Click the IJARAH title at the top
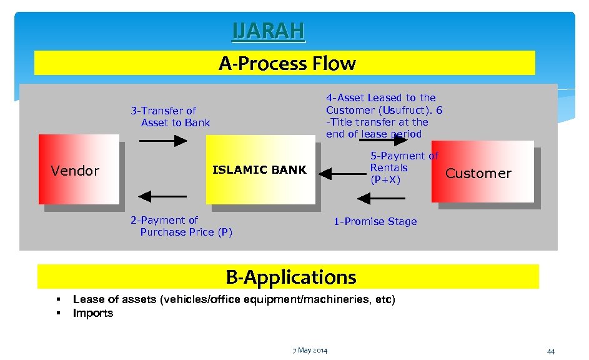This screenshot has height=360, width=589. (x=269, y=31)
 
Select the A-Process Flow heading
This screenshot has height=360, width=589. (x=287, y=63)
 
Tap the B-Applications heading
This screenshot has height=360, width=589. (x=290, y=276)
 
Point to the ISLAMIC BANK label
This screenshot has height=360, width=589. (x=259, y=169)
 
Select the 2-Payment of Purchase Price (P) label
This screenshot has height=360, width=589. (x=181, y=226)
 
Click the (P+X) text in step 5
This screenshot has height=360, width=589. (x=385, y=180)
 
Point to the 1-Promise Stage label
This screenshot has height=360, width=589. (x=375, y=222)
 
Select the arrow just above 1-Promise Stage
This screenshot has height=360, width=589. (x=380, y=198)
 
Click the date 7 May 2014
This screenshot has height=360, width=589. (x=310, y=349)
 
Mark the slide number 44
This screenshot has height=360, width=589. (x=550, y=352)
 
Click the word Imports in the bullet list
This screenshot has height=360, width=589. (x=93, y=313)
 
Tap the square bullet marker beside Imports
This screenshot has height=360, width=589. (x=57, y=313)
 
